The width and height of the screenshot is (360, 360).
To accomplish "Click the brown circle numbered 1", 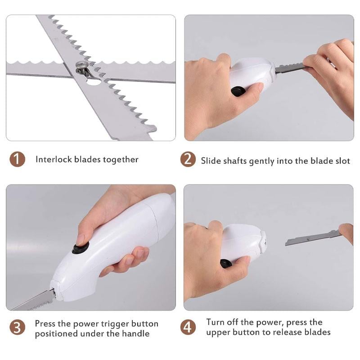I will pos(17,159).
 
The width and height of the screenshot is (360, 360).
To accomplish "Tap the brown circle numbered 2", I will pos(188,160).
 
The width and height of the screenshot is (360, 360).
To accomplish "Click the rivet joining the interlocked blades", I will pos(81,67).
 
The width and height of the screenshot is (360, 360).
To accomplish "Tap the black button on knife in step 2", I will pos(238,91).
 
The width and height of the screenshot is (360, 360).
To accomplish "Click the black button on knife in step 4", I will pos(226,263).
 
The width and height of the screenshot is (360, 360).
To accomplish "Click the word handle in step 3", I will pos(135,334).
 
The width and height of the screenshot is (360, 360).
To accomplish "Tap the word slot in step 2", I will pos(342,161).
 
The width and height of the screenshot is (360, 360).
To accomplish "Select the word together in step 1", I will pos(121,160).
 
